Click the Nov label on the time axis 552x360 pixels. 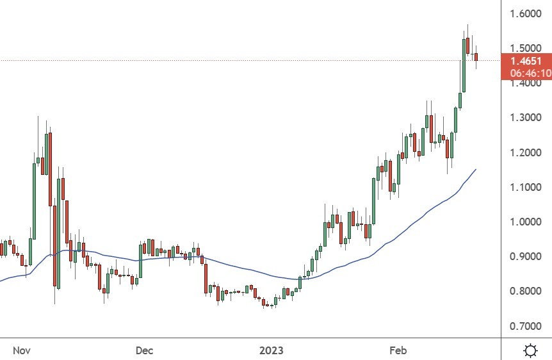[22, 350]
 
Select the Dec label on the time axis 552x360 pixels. [144, 350]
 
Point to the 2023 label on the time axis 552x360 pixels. [271, 350]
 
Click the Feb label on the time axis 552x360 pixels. [398, 350]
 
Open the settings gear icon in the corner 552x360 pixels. [530, 350]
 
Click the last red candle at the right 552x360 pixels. [476, 57]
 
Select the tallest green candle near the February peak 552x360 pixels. [464, 65]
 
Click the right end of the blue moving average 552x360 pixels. [476, 169]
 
